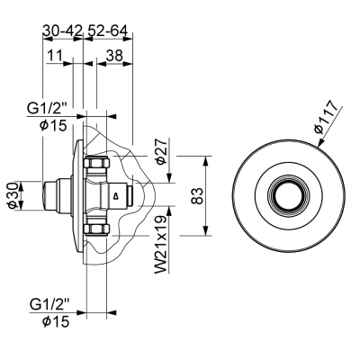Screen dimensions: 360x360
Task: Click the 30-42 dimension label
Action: (62, 31)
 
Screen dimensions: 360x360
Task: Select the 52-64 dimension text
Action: (107, 31)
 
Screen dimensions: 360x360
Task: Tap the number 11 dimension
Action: (55, 56)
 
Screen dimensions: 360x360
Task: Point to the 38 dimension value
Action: (114, 56)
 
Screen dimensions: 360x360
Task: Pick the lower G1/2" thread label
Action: (49, 306)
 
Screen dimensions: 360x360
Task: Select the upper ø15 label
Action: (53, 126)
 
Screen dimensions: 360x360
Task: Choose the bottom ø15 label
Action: (56, 322)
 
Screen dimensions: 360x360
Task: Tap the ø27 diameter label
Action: (161, 151)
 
